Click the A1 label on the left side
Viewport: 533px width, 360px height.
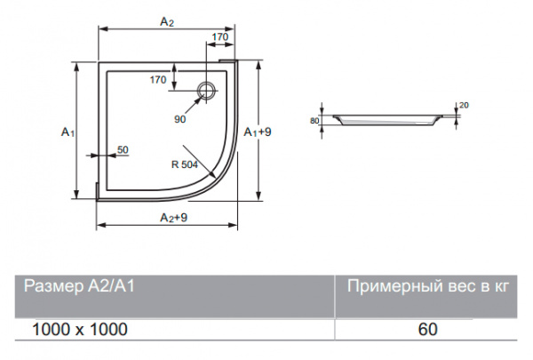pos(68,132)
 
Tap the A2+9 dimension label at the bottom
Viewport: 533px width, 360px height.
pos(172,218)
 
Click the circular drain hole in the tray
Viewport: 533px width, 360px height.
pos(207,89)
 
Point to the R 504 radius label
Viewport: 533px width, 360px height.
pos(185,164)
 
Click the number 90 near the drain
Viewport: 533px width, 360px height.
pos(180,118)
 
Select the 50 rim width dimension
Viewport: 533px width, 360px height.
pos(123,149)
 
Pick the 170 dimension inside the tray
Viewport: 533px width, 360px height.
pos(159,80)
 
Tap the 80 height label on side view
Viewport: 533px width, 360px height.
pos(314,119)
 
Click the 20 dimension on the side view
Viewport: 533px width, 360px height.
pos(465,105)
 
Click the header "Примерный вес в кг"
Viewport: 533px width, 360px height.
pos(426,286)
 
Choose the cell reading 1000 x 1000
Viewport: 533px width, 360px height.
pos(79,329)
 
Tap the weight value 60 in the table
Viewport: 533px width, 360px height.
pos(427,329)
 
